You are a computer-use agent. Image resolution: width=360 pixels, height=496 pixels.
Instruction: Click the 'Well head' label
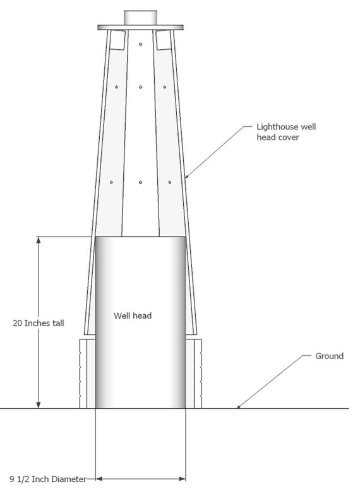pyautogui.click(x=133, y=316)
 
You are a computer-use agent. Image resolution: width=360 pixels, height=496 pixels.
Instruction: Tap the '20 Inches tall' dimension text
pyautogui.click(x=39, y=323)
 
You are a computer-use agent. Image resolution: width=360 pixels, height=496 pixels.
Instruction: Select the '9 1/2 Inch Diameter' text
pyautogui.click(x=48, y=479)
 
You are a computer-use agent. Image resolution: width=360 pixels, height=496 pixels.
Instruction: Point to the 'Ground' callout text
pyautogui.click(x=329, y=356)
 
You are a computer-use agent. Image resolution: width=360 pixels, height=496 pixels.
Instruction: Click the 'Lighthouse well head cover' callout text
pyautogui.click(x=286, y=132)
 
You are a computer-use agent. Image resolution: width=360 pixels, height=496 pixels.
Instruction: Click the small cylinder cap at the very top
pyautogui.click(x=141, y=18)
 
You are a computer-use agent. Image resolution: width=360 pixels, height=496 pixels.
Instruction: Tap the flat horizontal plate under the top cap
pyautogui.click(x=141, y=28)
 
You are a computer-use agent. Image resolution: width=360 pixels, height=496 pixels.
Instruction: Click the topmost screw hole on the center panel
pyautogui.click(x=141, y=44)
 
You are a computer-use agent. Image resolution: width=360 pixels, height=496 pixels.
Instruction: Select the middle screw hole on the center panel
pyautogui.click(x=141, y=86)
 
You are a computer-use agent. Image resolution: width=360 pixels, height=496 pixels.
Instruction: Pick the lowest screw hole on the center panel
pyautogui.click(x=141, y=182)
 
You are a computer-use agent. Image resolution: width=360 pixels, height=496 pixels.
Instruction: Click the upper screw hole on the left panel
pyautogui.click(x=116, y=86)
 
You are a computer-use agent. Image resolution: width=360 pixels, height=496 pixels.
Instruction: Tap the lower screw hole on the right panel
pyautogui.click(x=170, y=182)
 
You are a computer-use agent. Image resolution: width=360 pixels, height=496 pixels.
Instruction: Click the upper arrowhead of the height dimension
pyautogui.click(x=39, y=240)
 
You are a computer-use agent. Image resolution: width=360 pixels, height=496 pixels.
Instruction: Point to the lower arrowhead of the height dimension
pyautogui.click(x=39, y=405)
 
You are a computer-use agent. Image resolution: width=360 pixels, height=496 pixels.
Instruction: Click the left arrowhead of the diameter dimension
pyautogui.click(x=99, y=479)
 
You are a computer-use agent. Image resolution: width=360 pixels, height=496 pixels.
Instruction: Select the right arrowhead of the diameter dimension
pyautogui.click(x=182, y=479)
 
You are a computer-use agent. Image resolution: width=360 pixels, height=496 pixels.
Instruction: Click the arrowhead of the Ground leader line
pyautogui.click(x=239, y=406)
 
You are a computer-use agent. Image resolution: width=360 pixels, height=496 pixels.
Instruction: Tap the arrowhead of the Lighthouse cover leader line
pyautogui.click(x=187, y=176)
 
